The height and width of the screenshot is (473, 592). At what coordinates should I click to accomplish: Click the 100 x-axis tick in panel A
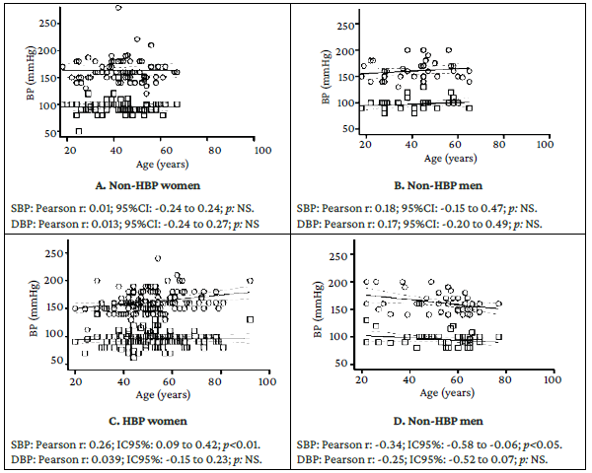pos(261,151)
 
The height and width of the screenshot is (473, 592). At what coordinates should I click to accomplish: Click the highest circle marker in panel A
pos(118,7)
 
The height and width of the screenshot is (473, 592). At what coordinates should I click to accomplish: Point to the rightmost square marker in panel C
pos(251,319)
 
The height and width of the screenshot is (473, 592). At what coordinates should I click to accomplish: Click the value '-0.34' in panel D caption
pos(406,439)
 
